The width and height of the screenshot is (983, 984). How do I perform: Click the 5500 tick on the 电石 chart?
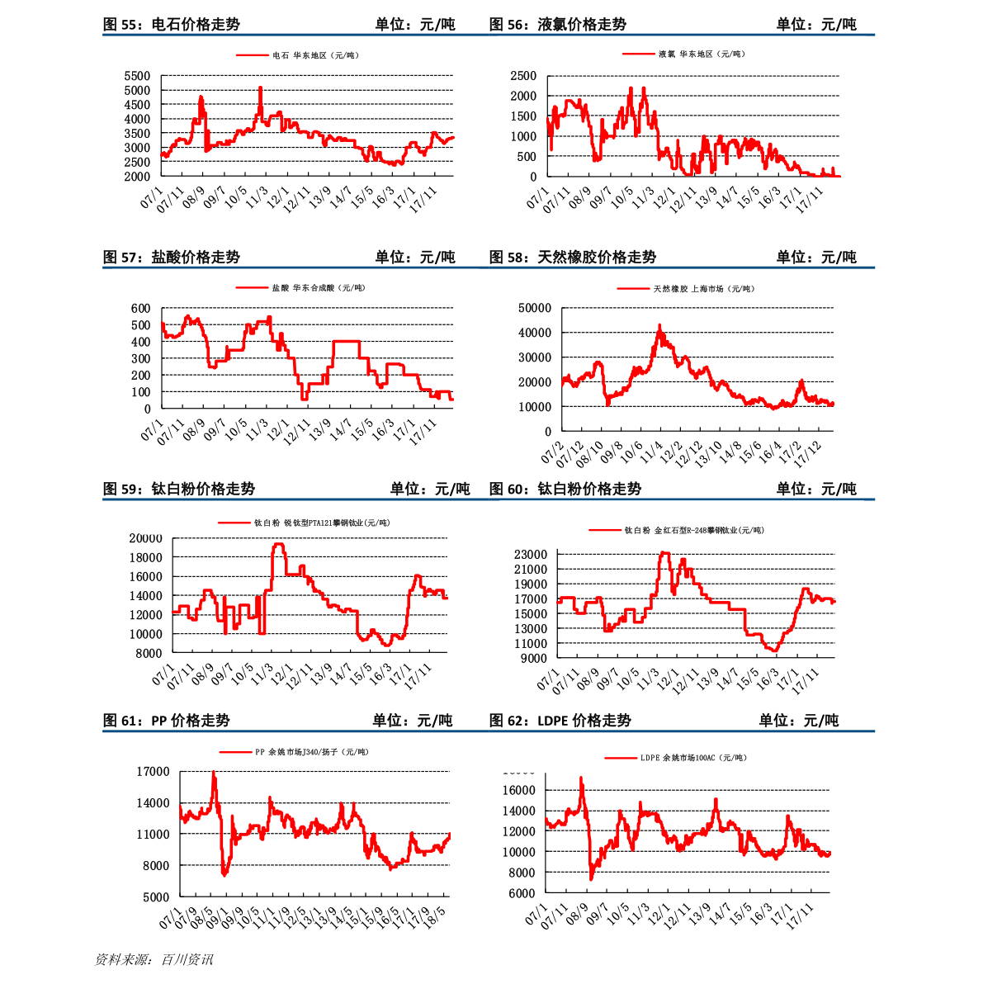tap(137, 76)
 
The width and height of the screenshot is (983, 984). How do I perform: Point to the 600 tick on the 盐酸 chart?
tap(140, 309)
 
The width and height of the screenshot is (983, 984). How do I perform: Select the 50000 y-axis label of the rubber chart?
tap(534, 308)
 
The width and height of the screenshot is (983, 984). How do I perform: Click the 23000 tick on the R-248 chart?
tap(530, 554)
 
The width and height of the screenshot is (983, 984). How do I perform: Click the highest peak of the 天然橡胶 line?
tap(659, 327)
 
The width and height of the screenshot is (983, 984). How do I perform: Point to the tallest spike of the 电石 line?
tap(260, 88)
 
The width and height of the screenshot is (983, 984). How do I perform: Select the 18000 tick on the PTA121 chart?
tap(145, 557)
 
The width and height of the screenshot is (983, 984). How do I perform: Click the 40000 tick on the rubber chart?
tap(534, 333)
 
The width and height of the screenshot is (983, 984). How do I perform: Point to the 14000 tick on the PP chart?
tap(153, 802)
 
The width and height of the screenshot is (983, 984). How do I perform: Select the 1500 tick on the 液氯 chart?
tap(523, 116)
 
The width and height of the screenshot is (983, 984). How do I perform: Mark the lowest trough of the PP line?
tap(224, 874)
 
